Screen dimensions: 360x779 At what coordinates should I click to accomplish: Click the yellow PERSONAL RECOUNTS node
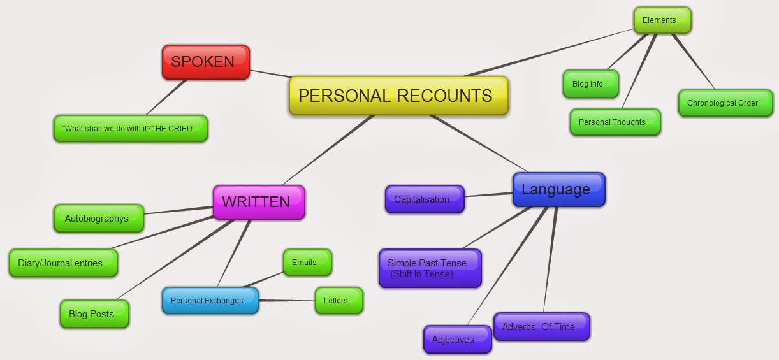click(x=398, y=96)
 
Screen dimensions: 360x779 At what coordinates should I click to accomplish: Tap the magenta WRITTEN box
click(x=258, y=202)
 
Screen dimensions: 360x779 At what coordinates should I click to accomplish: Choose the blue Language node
click(x=558, y=189)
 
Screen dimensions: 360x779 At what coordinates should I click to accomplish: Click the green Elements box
click(x=662, y=20)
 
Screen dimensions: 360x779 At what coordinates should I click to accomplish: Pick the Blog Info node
click(x=590, y=84)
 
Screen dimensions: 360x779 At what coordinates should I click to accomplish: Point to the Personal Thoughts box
click(x=615, y=122)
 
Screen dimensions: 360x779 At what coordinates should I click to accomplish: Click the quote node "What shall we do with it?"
click(x=130, y=128)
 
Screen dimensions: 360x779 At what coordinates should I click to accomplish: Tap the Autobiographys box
click(x=98, y=218)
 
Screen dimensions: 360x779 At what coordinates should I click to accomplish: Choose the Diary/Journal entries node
click(x=62, y=263)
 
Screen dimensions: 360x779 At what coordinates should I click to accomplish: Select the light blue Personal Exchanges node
click(x=210, y=300)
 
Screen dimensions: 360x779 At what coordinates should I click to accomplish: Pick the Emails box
click(x=307, y=262)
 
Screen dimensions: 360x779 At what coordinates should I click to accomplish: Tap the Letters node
click(x=338, y=300)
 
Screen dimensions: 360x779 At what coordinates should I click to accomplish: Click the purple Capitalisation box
click(x=424, y=199)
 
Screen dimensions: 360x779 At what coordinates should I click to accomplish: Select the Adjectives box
click(x=456, y=339)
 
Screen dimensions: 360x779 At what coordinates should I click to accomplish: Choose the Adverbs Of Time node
click(x=541, y=326)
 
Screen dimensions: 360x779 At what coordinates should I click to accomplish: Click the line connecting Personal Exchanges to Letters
click(x=287, y=300)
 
